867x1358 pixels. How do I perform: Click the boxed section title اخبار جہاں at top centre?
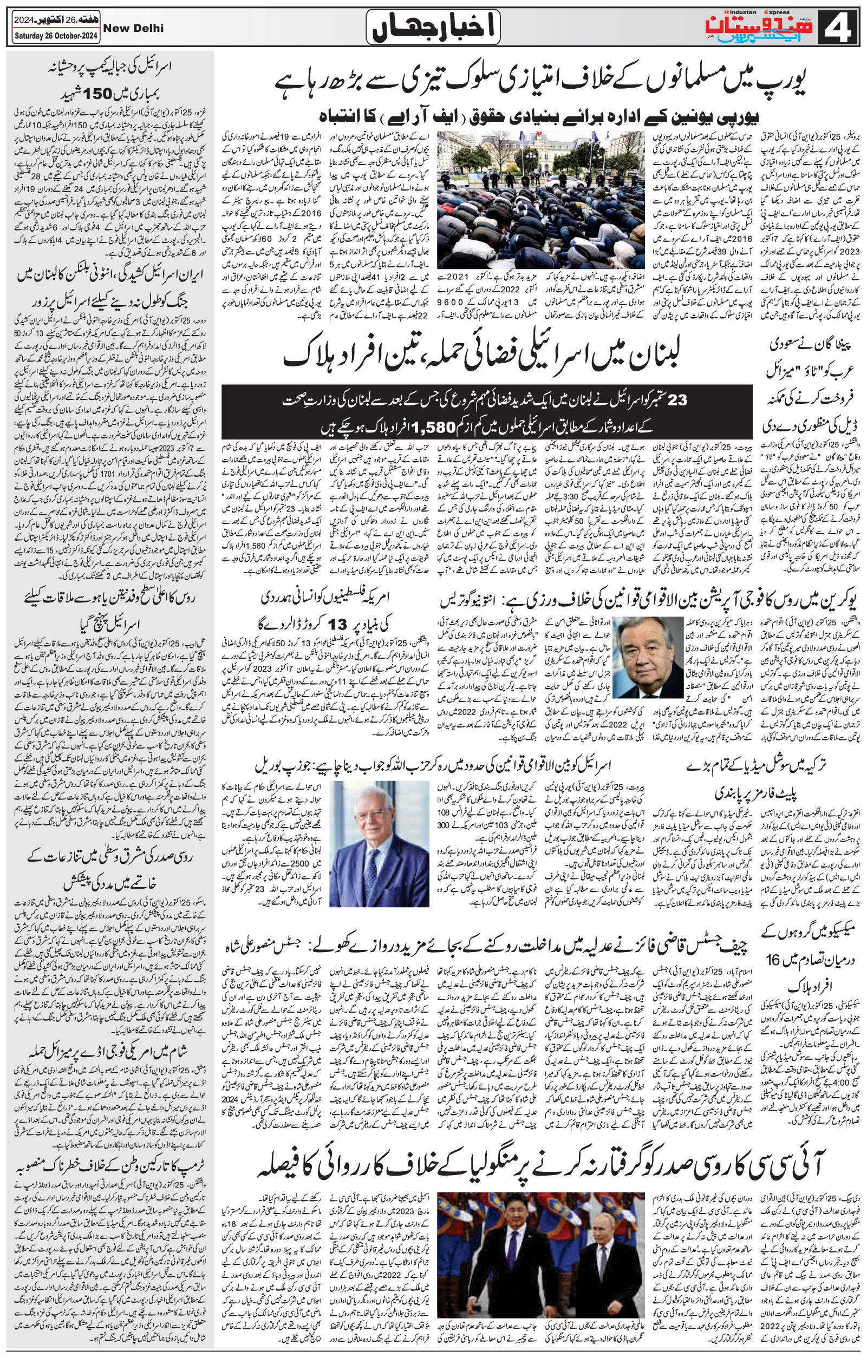coord(433,27)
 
